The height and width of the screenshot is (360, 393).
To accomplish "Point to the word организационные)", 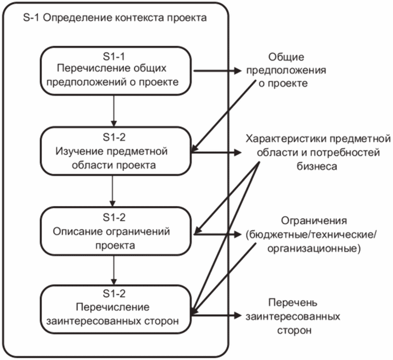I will pyautogui.click(x=314, y=250).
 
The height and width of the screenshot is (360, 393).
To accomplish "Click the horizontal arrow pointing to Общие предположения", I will pyautogui.click(x=216, y=71).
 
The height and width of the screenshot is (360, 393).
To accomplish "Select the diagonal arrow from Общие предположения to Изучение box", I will pyautogui.click(x=226, y=116).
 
